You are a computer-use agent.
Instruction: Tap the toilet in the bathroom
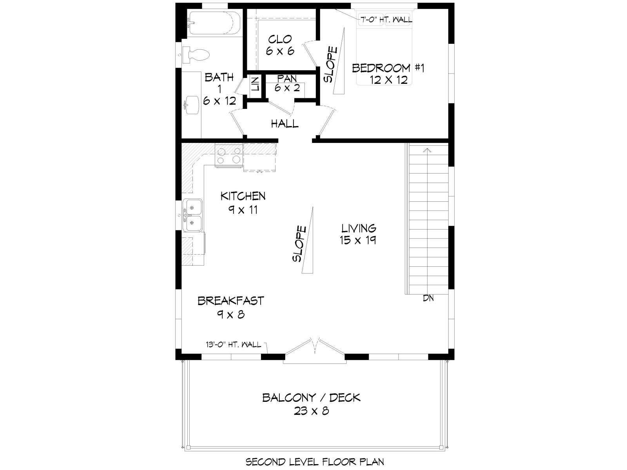(196, 55)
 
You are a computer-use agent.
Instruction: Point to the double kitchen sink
(192, 215)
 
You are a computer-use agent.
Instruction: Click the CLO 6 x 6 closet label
(280, 45)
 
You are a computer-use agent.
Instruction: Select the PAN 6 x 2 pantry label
(287, 83)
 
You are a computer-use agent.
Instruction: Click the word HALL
(285, 123)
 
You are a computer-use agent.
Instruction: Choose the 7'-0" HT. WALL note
(386, 20)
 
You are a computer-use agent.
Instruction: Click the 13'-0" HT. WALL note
(234, 344)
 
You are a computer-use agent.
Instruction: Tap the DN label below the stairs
(428, 298)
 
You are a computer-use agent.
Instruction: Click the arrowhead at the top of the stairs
(427, 150)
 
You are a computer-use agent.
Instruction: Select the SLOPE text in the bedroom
(330, 65)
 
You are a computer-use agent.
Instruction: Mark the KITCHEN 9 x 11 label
(243, 203)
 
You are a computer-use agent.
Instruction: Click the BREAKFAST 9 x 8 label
(230, 307)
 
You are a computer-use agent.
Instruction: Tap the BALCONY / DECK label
(312, 404)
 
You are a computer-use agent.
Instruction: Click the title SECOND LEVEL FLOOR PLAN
(315, 461)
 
